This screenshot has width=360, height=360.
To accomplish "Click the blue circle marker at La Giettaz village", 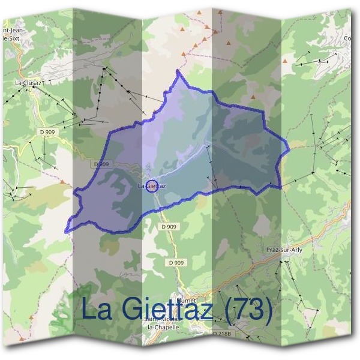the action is click(x=152, y=185).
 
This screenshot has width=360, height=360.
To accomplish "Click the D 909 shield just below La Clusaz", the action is click(x=46, y=131).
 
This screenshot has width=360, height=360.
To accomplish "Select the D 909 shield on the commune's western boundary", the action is click(x=102, y=164).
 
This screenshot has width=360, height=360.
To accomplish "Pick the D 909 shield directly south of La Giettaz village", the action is click(x=169, y=227).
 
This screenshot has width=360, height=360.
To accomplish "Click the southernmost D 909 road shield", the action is click(x=176, y=262).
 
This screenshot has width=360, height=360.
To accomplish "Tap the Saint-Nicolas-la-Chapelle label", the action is click(x=161, y=323).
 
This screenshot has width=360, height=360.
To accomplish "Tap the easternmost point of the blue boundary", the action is click(x=289, y=146).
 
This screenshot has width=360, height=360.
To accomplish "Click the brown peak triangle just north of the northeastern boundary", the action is click(x=253, y=97).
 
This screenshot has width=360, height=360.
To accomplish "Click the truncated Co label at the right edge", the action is click(x=347, y=39).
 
